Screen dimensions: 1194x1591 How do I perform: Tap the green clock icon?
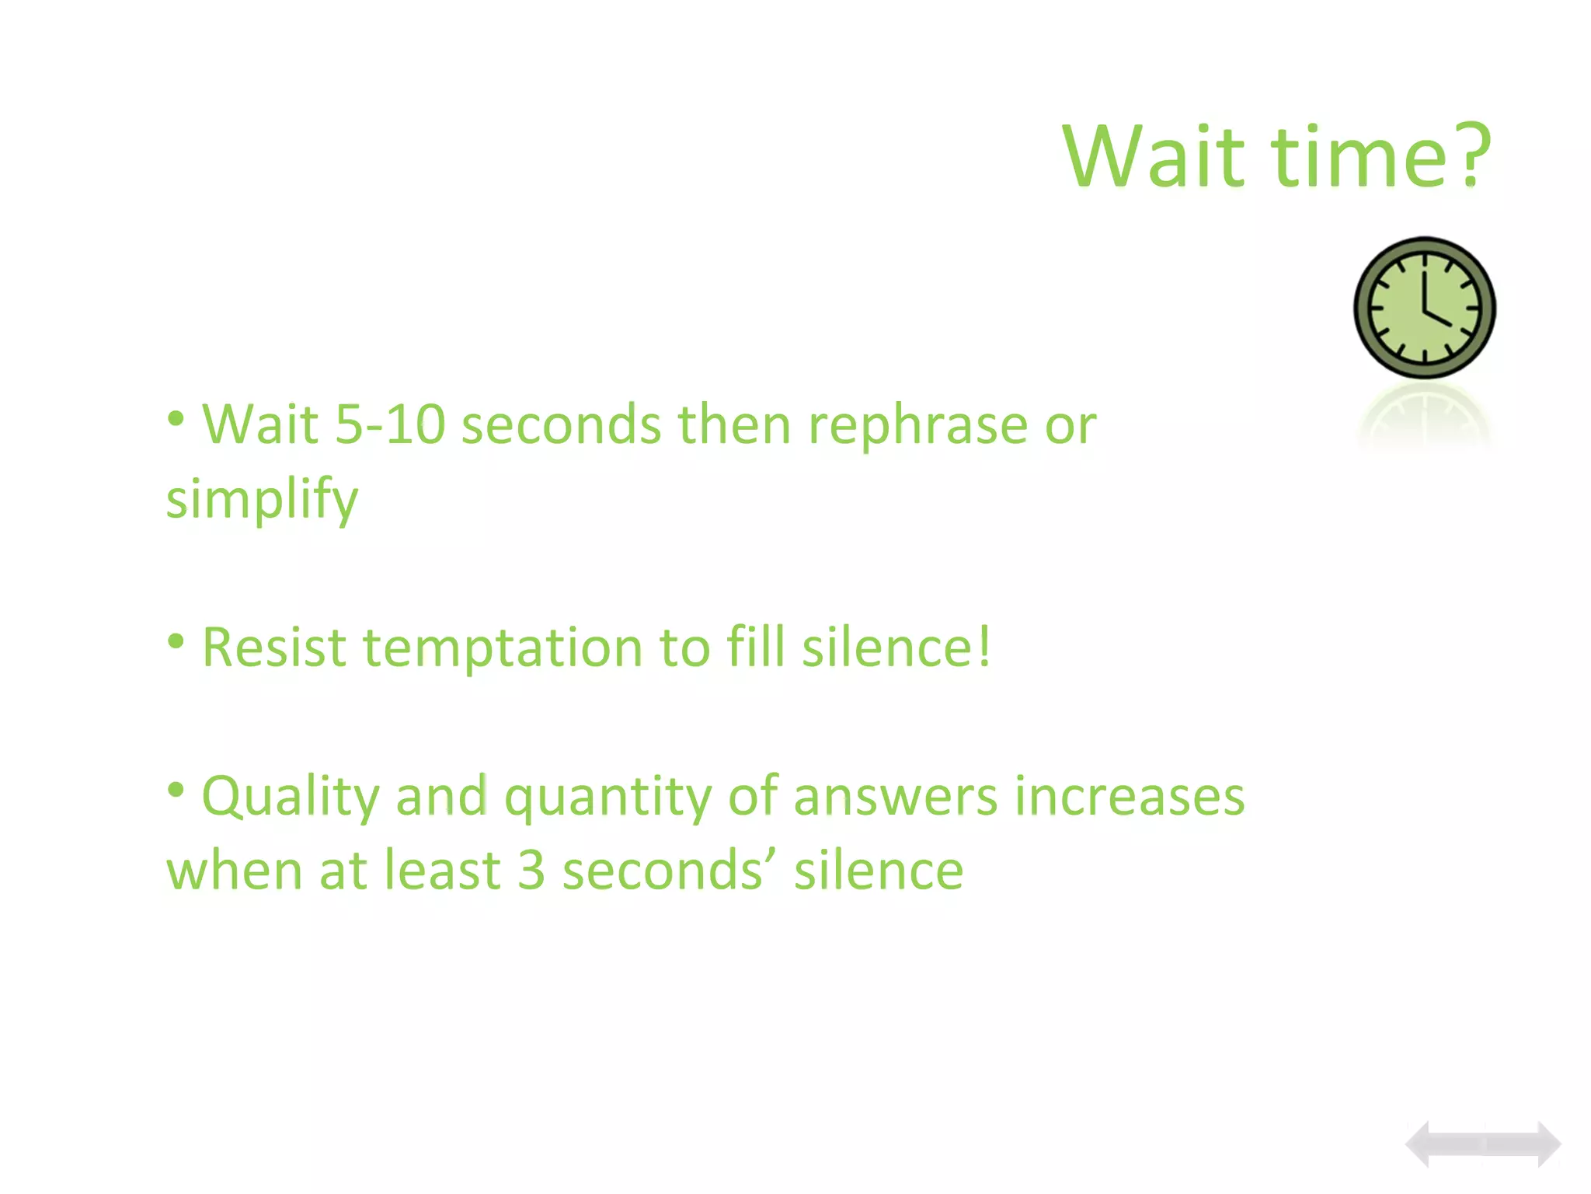[x=1425, y=309]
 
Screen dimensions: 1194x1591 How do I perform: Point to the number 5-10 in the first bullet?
[x=390, y=426]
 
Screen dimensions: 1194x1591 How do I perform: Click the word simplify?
[x=262, y=500]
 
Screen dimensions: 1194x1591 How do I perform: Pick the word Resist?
[x=273, y=648]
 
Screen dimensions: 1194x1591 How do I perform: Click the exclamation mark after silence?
[x=984, y=646]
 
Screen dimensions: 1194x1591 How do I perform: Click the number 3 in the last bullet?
[x=531, y=871]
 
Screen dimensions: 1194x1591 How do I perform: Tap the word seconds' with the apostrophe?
[x=669, y=871]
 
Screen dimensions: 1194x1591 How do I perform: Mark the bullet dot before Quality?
[x=176, y=790]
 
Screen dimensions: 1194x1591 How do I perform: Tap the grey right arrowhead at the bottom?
[x=1547, y=1144]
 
